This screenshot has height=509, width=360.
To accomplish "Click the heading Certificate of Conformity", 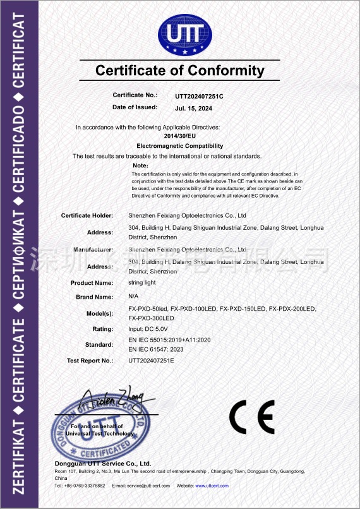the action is click(180, 70).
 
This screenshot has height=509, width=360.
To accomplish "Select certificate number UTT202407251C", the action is click(200, 96).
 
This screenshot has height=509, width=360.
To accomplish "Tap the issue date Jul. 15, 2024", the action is click(194, 108).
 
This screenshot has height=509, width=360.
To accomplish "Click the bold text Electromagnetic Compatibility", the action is click(180, 146).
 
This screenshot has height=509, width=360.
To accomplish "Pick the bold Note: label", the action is click(140, 165).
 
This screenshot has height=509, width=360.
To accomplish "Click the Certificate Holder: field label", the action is click(87, 216).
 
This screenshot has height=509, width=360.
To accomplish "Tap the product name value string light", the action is click(142, 282).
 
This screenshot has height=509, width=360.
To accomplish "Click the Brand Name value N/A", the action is click(133, 296).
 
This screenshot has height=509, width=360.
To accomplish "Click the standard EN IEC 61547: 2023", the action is click(164, 349).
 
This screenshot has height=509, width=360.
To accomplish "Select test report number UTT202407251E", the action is click(151, 361).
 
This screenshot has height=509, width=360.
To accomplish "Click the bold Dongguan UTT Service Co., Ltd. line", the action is click(103, 464).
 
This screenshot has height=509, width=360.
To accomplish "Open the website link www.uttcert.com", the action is click(212, 486).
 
